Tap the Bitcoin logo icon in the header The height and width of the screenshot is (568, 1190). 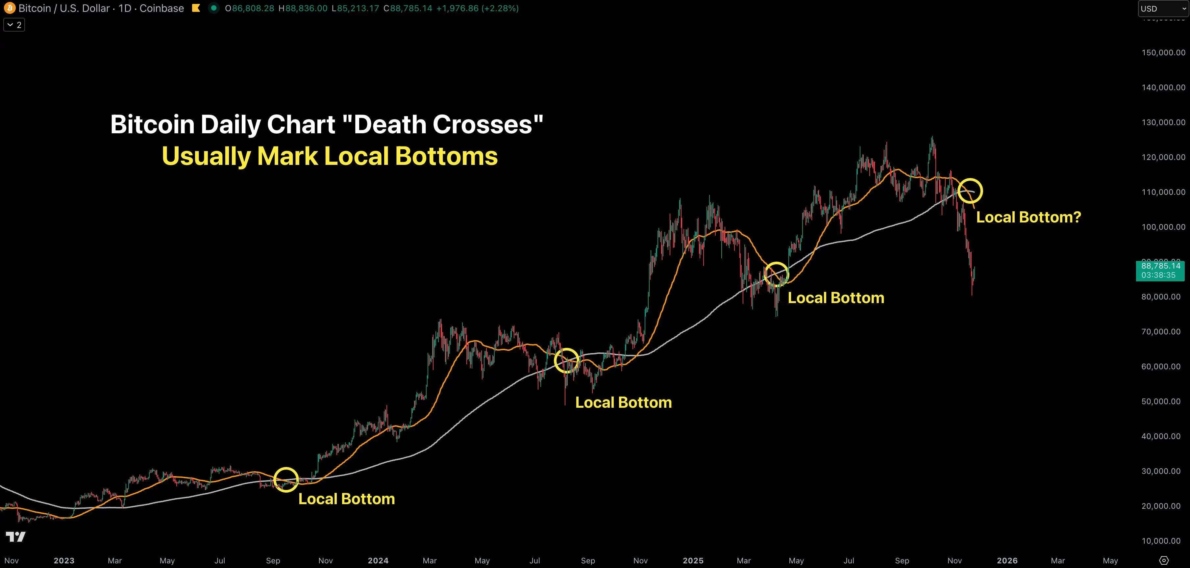9,8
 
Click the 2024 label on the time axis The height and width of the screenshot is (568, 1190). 378,561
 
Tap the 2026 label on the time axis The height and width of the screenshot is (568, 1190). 1007,561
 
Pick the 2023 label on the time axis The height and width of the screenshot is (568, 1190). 64,561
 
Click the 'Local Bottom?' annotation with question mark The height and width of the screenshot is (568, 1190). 1028,217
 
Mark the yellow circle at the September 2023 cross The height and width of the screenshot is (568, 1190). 286,479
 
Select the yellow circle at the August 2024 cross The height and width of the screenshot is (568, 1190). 566,360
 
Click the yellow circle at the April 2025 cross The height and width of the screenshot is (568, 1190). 777,274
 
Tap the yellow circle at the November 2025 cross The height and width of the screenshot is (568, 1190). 970,191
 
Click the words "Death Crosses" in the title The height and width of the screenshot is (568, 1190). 443,125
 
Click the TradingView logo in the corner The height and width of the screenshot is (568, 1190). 16,537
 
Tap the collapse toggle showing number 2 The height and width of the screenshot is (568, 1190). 14,25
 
